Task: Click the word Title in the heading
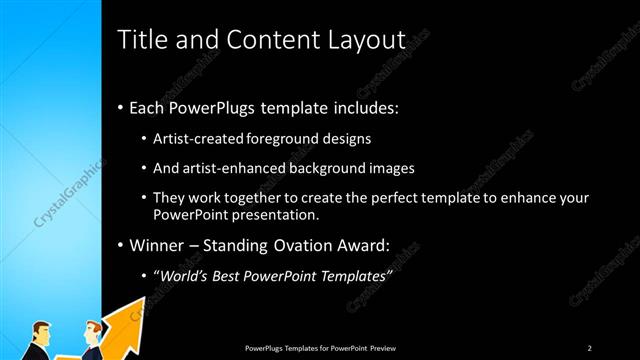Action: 142,40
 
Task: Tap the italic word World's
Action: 183,276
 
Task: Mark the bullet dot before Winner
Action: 121,246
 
